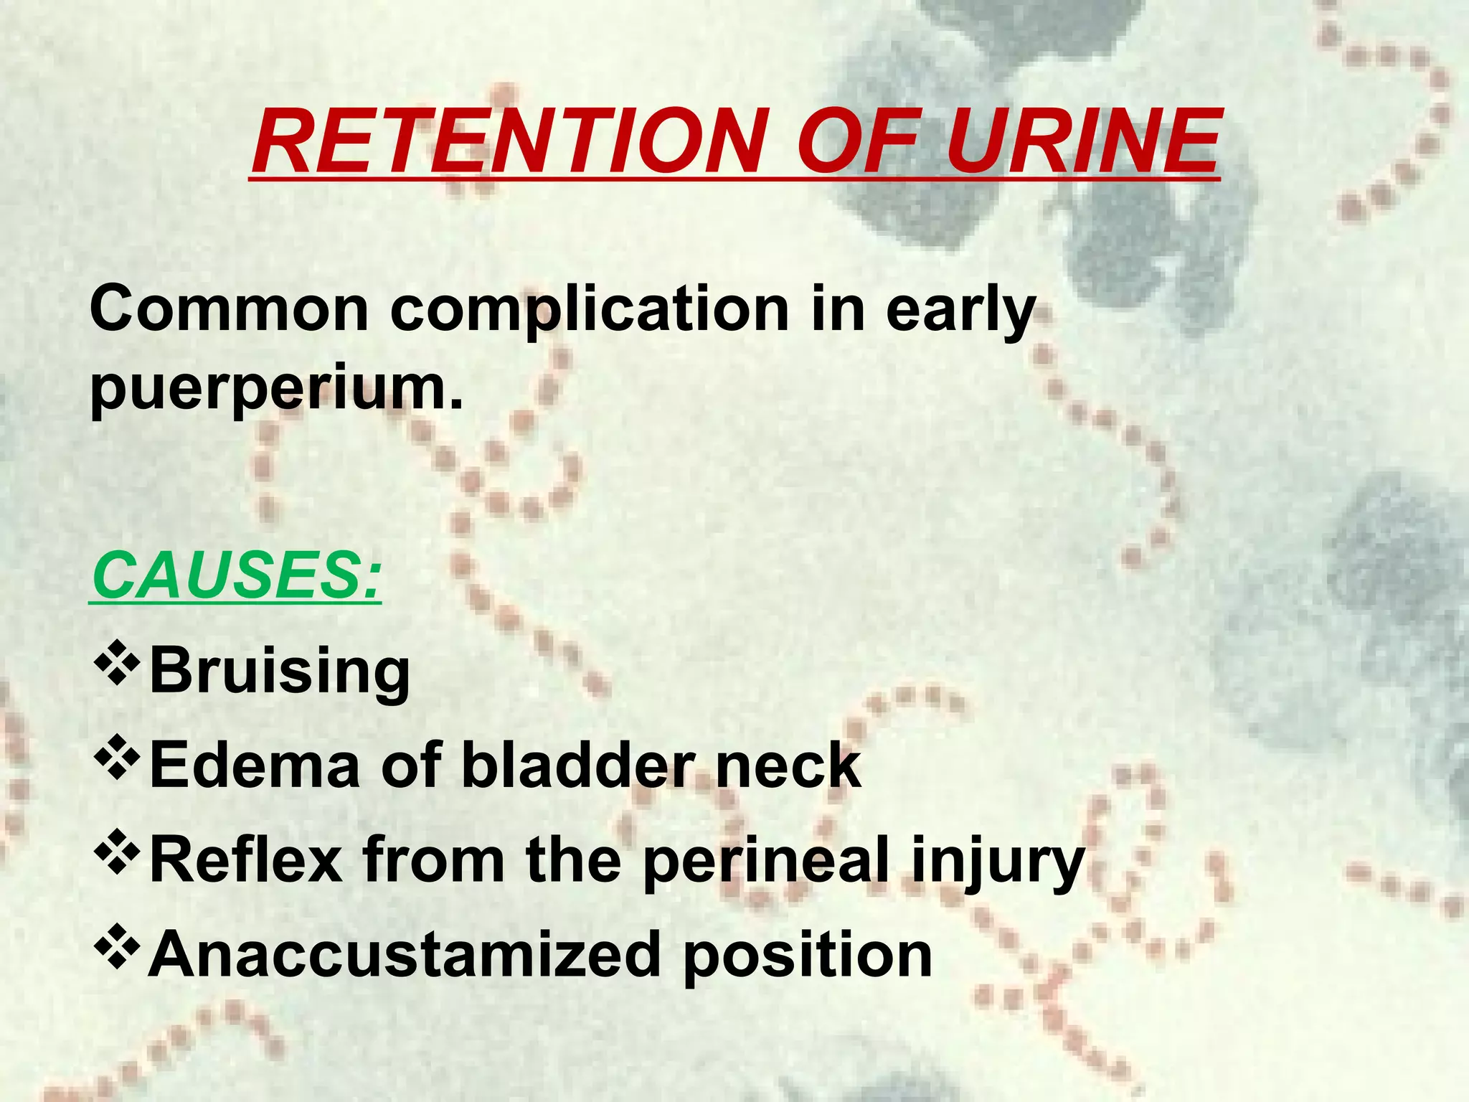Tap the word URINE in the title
1082,141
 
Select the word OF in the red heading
861,141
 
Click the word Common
229,309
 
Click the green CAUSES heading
235,576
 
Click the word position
807,956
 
